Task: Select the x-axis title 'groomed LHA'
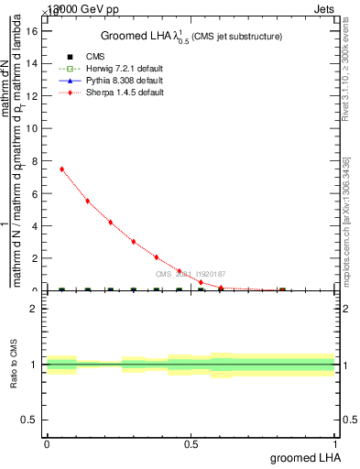tap(306, 457)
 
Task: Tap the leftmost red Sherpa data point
tap(61, 169)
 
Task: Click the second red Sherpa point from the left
tap(87, 201)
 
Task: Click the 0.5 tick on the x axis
tap(191, 442)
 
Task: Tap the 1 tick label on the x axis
tap(335, 442)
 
